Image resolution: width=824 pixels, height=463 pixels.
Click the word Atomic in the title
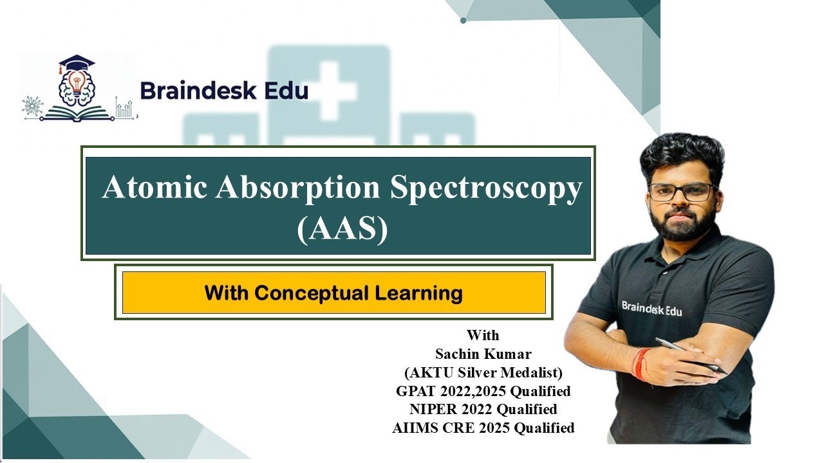[x=154, y=188]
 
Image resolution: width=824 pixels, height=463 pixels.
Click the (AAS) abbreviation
[x=342, y=230]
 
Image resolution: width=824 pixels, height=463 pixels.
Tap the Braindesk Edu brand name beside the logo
[x=224, y=91]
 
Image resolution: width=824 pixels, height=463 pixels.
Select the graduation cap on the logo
[x=76, y=64]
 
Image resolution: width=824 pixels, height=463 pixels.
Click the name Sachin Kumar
[x=483, y=354]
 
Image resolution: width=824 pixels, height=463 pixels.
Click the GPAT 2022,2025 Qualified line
[x=483, y=390]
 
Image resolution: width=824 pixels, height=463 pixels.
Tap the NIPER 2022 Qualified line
[x=483, y=409]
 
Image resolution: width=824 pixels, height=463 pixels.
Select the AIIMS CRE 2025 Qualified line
[x=483, y=428]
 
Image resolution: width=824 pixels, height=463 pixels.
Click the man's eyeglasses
[x=682, y=192]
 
